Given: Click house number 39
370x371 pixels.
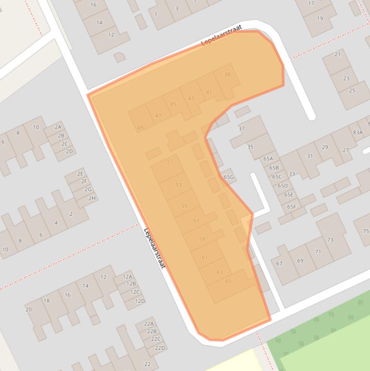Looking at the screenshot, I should tap(227, 75).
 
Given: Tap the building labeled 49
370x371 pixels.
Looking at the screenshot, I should tap(140, 128).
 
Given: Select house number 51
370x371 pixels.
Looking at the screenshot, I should tap(169, 161).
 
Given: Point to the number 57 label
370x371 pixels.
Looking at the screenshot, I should tap(196, 221).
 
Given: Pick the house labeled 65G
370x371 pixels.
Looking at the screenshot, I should tap(229, 177).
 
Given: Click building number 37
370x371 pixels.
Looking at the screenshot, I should tap(242, 129).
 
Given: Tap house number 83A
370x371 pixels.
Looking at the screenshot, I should tap(357, 132).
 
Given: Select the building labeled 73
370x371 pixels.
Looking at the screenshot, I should tap(330, 239).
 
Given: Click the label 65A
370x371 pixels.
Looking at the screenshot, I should tap(268, 159).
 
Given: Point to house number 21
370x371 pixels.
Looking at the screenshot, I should tap(337, 54).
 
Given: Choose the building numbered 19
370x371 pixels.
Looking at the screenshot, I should tap(320, 19).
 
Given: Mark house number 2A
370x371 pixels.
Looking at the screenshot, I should tap(58, 127).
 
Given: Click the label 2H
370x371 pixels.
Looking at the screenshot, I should tap(91, 198).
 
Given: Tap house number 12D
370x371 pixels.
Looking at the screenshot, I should tap(140, 301).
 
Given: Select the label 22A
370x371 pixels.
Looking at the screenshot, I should tap(149, 324).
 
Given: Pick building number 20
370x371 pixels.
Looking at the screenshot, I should tap(28, 310).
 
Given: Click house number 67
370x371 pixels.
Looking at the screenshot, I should tap(279, 264).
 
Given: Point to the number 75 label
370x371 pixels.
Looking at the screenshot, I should tap(366, 231).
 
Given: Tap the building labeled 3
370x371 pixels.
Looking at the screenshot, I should tap(177, 8).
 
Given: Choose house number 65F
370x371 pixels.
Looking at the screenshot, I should tap(291, 207).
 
